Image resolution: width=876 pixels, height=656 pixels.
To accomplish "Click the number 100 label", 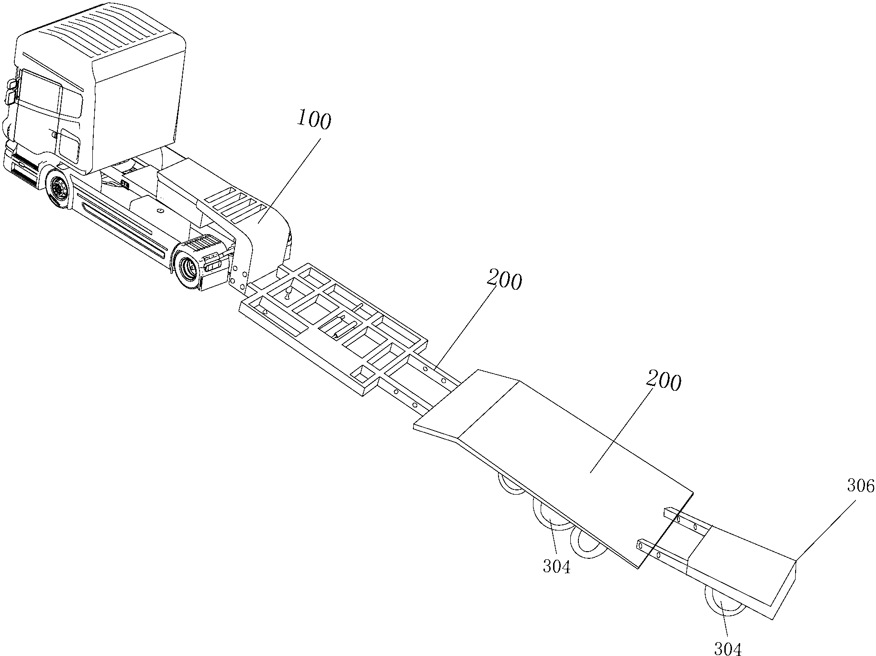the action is coord(314,121).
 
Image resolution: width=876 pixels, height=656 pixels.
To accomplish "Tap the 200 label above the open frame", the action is coord(504,281).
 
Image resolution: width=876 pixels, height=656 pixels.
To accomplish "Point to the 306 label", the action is coord(861,486).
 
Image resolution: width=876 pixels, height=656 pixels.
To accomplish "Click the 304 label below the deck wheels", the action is coord(556,567).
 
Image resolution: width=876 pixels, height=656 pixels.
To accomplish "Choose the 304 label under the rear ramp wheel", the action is coord(728,648).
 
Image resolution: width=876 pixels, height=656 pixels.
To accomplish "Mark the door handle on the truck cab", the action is coord(55,136).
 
